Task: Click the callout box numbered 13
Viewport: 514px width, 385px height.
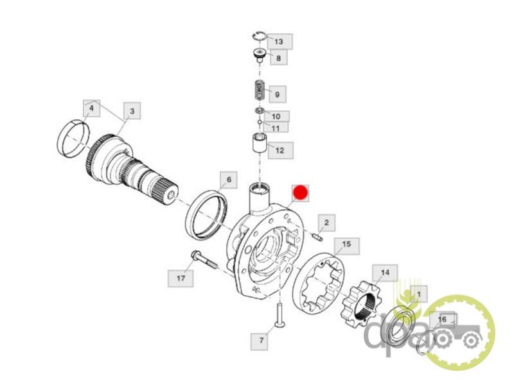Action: pyautogui.click(x=279, y=42)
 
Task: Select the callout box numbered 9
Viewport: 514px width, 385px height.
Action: pyautogui.click(x=278, y=94)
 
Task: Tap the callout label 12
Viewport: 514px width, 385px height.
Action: pyautogui.click(x=280, y=150)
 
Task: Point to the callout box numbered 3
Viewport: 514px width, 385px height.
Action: pyautogui.click(x=132, y=111)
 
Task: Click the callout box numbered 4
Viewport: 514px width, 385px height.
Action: pyautogui.click(x=91, y=108)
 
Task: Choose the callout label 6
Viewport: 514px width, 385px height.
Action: pyautogui.click(x=229, y=180)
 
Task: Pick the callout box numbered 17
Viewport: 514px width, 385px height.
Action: pyautogui.click(x=181, y=278)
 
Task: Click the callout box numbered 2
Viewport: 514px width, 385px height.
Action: pyautogui.click(x=326, y=223)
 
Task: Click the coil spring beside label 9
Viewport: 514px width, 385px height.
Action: pyautogui.click(x=260, y=90)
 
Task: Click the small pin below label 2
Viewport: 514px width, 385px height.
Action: pyautogui.click(x=318, y=236)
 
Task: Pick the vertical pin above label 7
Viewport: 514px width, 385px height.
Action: pyautogui.click(x=279, y=315)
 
